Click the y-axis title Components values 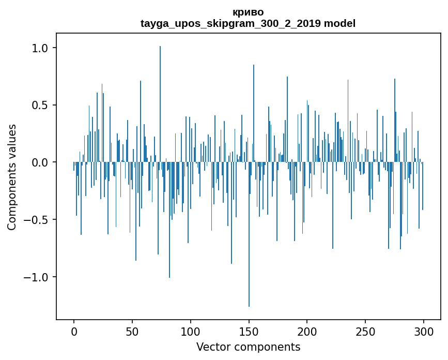pos(12,177)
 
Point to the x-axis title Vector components pos(248,347)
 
